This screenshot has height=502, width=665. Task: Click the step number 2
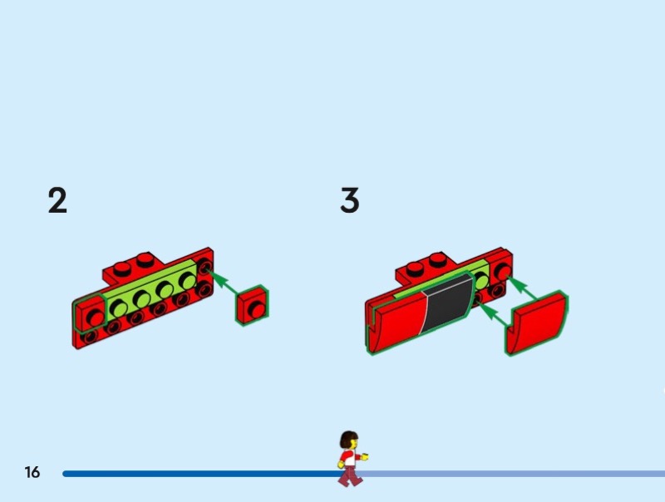coord(57,200)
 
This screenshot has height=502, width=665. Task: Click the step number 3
coord(349,200)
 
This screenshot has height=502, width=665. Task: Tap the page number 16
coord(32,472)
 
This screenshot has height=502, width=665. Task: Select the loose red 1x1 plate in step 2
coord(253,305)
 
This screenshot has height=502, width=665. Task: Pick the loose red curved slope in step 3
coord(537,322)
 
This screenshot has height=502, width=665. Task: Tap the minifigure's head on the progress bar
coord(349,440)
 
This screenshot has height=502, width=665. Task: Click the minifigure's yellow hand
coord(364,457)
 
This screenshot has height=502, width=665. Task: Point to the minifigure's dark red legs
coord(350,476)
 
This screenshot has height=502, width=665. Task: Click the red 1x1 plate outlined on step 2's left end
coord(90,313)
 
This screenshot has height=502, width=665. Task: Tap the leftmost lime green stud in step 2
coord(119,308)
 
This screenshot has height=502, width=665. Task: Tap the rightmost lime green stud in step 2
coord(188,280)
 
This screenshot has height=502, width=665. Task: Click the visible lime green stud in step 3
coord(481,281)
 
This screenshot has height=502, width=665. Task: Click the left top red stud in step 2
coord(122,268)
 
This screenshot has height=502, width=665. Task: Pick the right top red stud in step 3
coord(438,259)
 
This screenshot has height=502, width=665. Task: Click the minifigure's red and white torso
coord(348,458)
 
